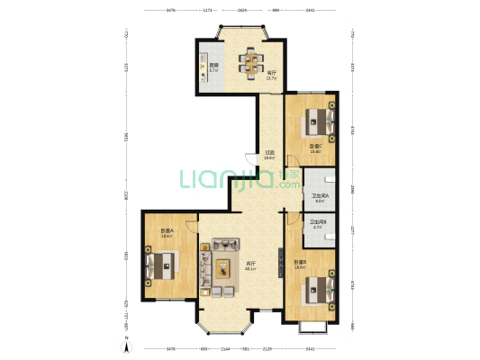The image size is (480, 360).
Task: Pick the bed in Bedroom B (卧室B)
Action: pyautogui.click(x=318, y=288)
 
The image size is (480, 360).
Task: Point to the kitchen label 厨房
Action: pyautogui.click(x=213, y=66)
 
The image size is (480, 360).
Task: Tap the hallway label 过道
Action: pyautogui.click(x=269, y=154)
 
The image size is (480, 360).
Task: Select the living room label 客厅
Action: pyautogui.click(x=249, y=265)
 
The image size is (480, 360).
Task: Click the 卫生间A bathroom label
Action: pyautogui.click(x=319, y=197)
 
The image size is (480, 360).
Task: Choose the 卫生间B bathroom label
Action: pyautogui.click(x=317, y=224)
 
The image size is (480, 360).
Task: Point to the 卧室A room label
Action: pyautogui.click(x=167, y=231)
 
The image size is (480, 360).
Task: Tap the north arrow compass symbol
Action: pyautogui.click(x=127, y=347)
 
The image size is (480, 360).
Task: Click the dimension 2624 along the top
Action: pyautogui.click(x=242, y=11)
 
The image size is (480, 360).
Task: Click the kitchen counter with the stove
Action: pyautogui.click(x=204, y=67)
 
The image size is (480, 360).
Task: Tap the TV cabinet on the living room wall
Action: pyautogui.click(x=204, y=268)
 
